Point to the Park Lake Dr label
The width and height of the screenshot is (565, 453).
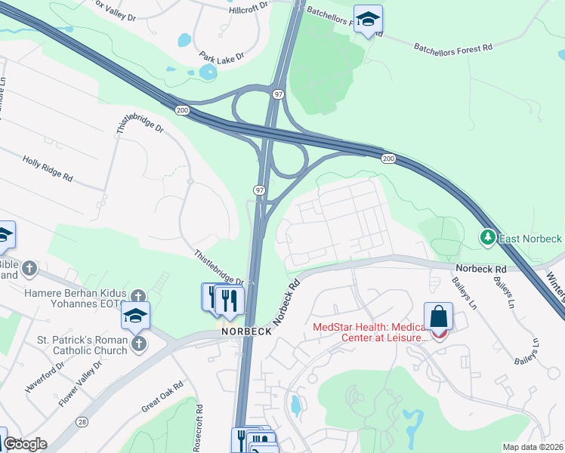pyautogui.click(x=223, y=57)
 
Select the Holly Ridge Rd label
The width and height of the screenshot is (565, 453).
pyautogui.click(x=48, y=168)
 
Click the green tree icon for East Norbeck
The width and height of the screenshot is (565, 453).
pyautogui.click(x=488, y=239)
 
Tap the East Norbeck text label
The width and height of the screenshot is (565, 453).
pyautogui.click(x=531, y=239)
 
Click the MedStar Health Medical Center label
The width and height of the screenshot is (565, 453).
pyautogui.click(x=369, y=331)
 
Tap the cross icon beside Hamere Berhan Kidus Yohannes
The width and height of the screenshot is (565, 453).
pyautogui.click(x=137, y=296)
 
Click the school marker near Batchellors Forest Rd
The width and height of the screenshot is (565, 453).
pyautogui.click(x=368, y=20)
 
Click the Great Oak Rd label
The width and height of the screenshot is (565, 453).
pyautogui.click(x=162, y=397)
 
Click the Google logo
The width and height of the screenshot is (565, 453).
pyautogui.click(x=25, y=445)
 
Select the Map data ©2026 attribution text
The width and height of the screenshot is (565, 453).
pyautogui.click(x=533, y=447)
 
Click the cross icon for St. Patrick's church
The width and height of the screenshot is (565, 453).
pyautogui.click(x=138, y=345)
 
